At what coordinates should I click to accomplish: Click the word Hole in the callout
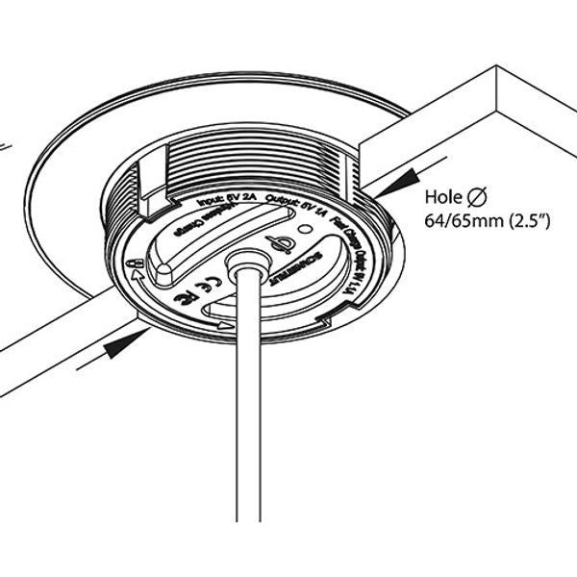pos(443,198)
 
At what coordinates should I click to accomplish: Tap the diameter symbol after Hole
pos(477,198)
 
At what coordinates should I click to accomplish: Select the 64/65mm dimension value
pos(458,221)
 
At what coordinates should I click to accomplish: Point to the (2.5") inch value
pos(520,221)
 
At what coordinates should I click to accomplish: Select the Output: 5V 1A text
pos(294,205)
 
